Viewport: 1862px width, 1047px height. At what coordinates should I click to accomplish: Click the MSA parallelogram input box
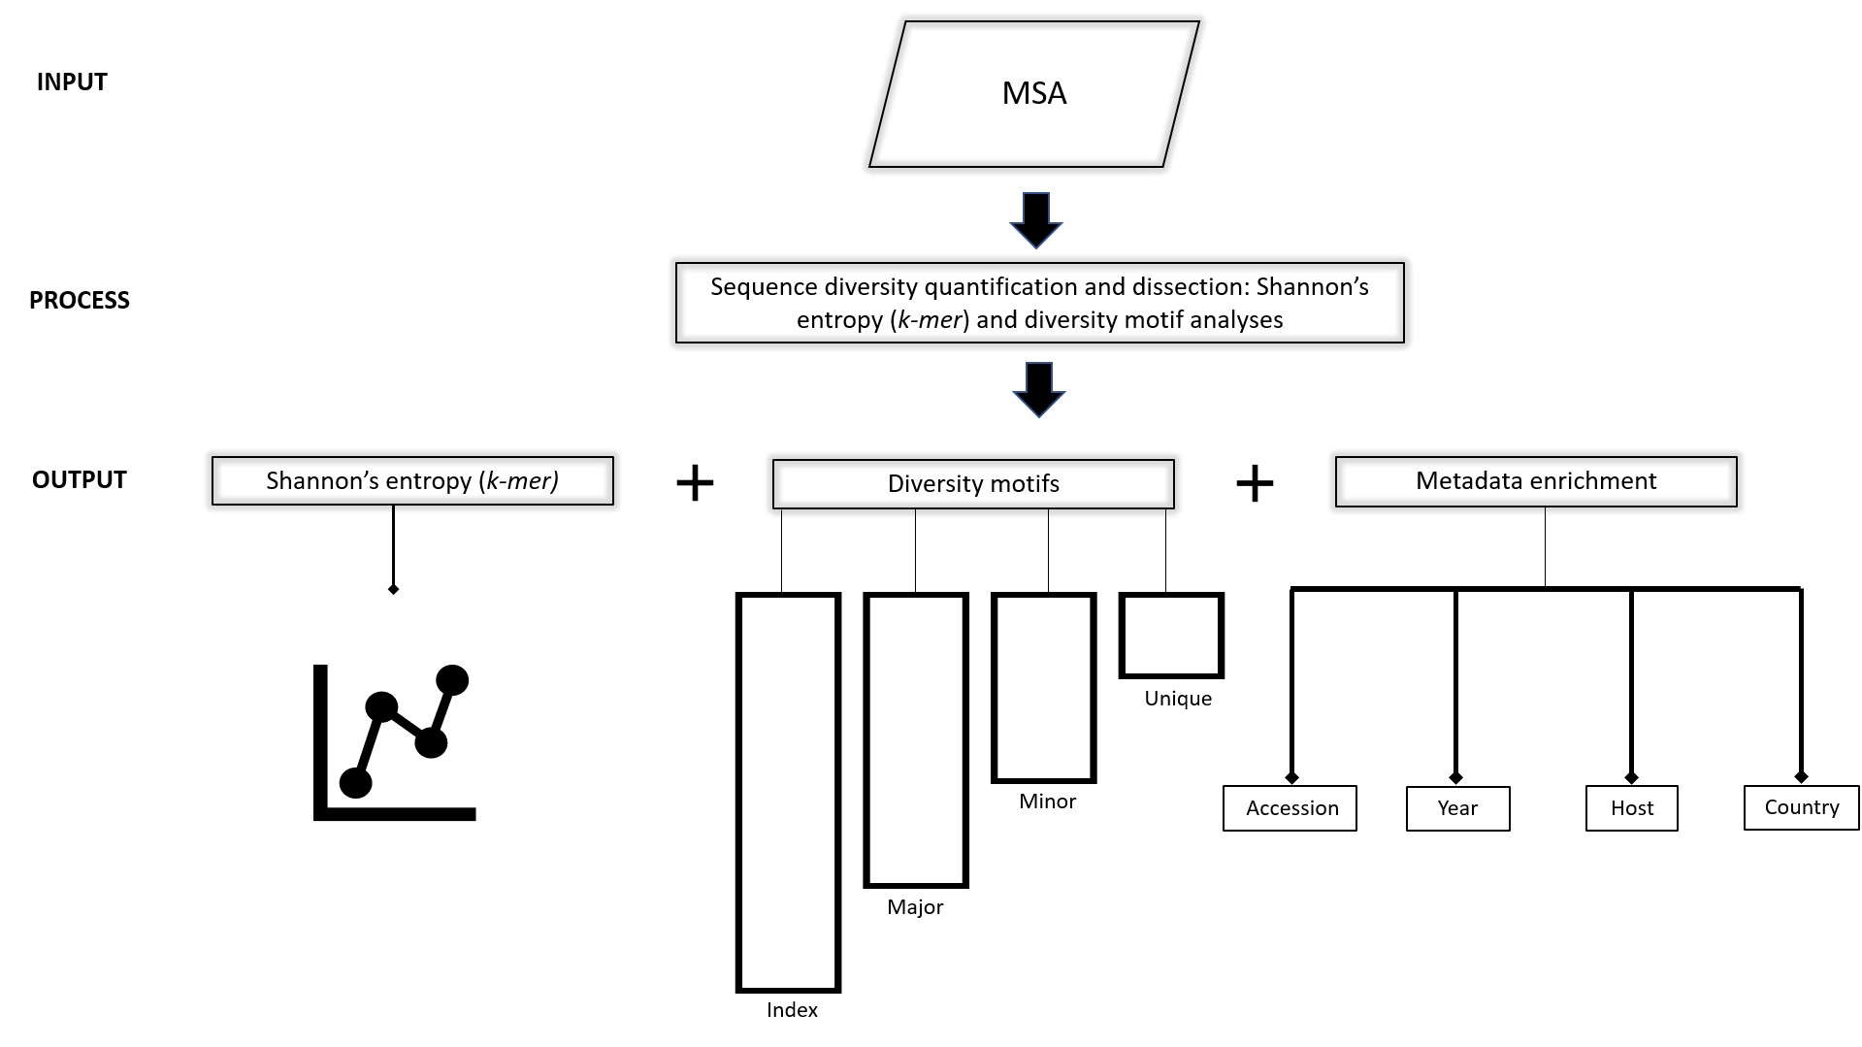click(x=1034, y=94)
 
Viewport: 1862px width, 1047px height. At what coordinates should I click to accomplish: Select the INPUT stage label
click(x=72, y=82)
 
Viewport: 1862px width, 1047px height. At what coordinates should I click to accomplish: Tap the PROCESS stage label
click(x=80, y=301)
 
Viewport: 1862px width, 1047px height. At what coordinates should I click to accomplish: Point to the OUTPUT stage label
click(x=80, y=480)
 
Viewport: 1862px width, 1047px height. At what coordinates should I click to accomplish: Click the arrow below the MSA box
click(x=1036, y=220)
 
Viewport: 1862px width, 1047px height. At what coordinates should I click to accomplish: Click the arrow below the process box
click(x=1039, y=390)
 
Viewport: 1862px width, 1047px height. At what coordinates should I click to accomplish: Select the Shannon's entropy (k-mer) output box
click(x=412, y=480)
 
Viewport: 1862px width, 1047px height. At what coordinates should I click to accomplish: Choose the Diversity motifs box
click(x=973, y=483)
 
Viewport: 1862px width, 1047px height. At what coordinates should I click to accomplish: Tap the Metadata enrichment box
click(x=1536, y=481)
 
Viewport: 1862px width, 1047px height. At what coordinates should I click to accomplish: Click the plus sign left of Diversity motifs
click(x=695, y=482)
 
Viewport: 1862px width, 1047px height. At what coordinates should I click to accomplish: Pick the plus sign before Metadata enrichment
click(x=1255, y=482)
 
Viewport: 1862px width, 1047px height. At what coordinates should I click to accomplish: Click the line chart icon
click(x=394, y=742)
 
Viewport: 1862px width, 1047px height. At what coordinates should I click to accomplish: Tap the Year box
click(x=1457, y=808)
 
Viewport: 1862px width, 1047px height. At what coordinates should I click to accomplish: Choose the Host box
click(x=1631, y=808)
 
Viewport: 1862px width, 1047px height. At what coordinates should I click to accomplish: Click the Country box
click(x=1801, y=807)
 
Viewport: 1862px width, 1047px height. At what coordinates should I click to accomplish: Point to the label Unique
click(x=1178, y=699)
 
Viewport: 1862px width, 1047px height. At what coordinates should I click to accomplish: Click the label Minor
click(x=1047, y=802)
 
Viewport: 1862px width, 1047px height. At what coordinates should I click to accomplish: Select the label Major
click(x=915, y=907)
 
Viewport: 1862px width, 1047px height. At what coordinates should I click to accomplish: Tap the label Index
click(x=792, y=1010)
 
